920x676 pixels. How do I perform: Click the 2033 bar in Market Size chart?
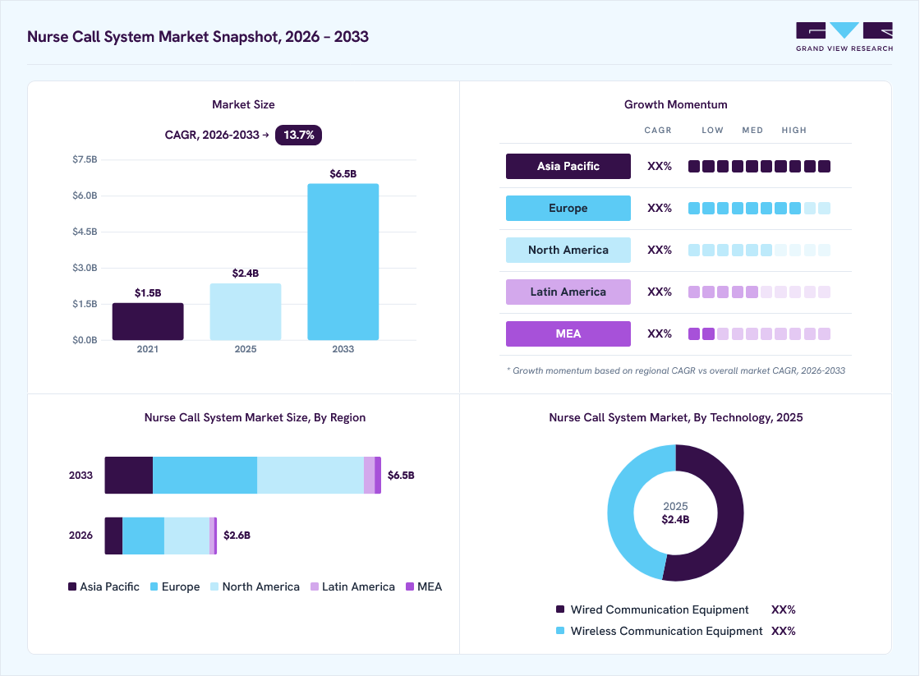(x=343, y=262)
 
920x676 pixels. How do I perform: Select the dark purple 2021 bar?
(x=148, y=321)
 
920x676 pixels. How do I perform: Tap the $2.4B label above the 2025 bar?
(x=246, y=274)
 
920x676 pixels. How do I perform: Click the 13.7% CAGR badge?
(x=299, y=135)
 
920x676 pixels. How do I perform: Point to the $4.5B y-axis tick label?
(x=85, y=232)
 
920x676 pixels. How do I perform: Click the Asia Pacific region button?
(x=568, y=166)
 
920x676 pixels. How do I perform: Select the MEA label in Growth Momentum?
(x=568, y=333)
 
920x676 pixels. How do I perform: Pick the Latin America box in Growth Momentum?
(x=568, y=292)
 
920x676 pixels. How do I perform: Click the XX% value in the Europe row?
(x=660, y=209)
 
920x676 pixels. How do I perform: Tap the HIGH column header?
(x=793, y=131)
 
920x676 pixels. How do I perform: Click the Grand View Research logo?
(x=844, y=37)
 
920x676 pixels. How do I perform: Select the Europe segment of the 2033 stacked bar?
(x=205, y=476)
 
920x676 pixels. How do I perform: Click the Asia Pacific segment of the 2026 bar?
(x=114, y=536)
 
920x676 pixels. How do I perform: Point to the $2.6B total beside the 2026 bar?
(x=237, y=536)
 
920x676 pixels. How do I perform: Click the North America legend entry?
(x=255, y=586)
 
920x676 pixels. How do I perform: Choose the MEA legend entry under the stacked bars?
(x=424, y=586)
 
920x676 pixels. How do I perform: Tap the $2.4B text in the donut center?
(x=675, y=520)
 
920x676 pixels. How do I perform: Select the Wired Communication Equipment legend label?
(x=660, y=609)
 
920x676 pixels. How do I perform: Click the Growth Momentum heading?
(x=675, y=104)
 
